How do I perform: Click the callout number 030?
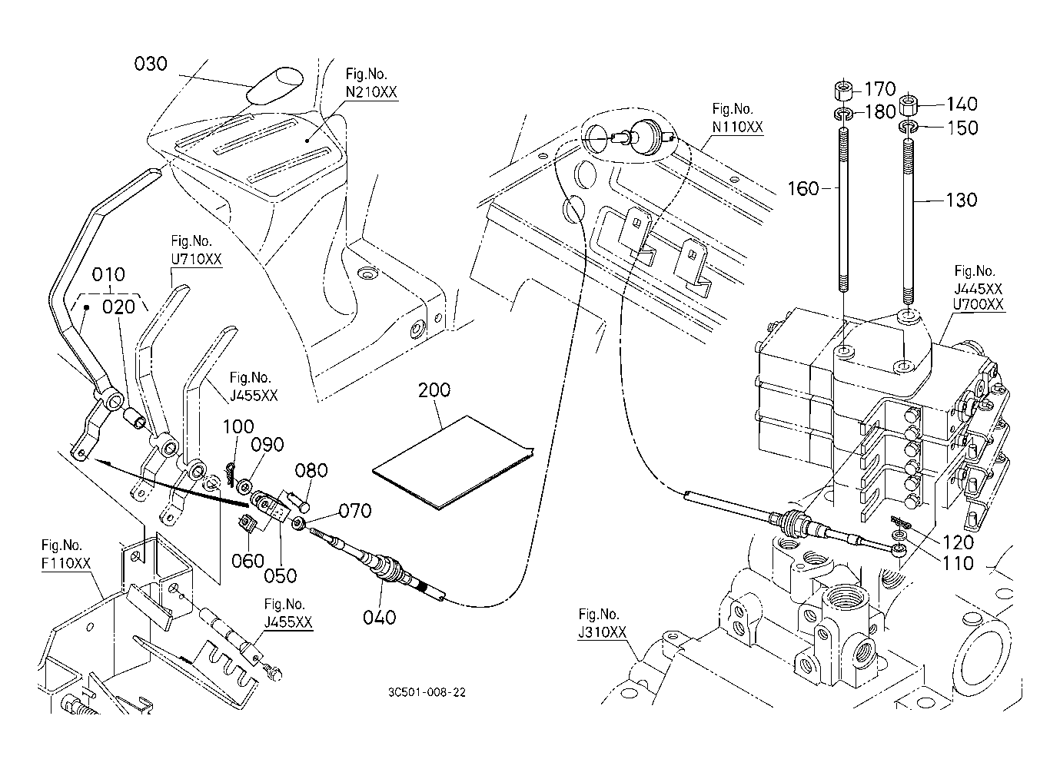(151, 64)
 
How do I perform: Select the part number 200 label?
(434, 390)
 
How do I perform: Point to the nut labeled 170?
(842, 92)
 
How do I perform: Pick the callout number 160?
(804, 188)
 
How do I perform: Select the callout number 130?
(961, 200)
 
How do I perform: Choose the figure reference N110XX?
(737, 128)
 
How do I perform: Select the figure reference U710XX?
(196, 260)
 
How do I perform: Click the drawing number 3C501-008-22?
(427, 692)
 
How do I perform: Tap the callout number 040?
(380, 617)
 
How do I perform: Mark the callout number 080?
(311, 471)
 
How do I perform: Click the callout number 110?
(958, 563)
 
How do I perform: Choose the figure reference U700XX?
(979, 304)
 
